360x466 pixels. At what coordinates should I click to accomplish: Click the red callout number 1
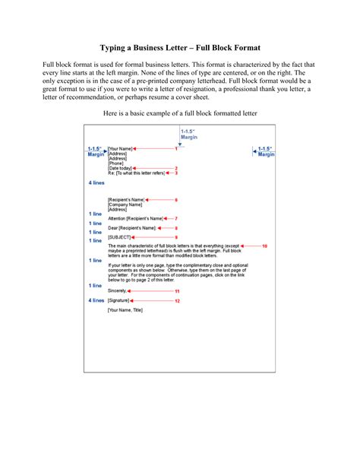click(175, 148)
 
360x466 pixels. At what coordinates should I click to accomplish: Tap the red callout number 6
click(175, 200)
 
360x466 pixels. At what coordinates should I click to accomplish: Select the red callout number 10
click(264, 246)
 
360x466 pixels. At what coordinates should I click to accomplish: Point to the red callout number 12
click(177, 301)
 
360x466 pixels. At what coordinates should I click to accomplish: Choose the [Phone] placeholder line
click(115, 163)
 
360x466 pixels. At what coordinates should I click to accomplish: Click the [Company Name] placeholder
click(125, 204)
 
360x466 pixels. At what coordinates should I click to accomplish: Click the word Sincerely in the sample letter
click(117, 291)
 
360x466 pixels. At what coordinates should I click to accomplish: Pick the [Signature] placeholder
click(119, 301)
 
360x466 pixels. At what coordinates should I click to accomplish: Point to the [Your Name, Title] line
click(126, 310)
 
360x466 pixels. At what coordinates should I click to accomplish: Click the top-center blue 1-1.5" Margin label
click(189, 135)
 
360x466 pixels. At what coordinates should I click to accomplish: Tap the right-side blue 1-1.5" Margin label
click(266, 151)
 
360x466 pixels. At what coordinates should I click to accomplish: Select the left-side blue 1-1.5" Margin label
click(95, 151)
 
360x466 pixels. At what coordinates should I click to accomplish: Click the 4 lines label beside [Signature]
click(95, 301)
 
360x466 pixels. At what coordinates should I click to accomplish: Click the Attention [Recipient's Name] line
click(135, 218)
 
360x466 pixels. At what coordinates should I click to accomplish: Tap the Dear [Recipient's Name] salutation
click(132, 227)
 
